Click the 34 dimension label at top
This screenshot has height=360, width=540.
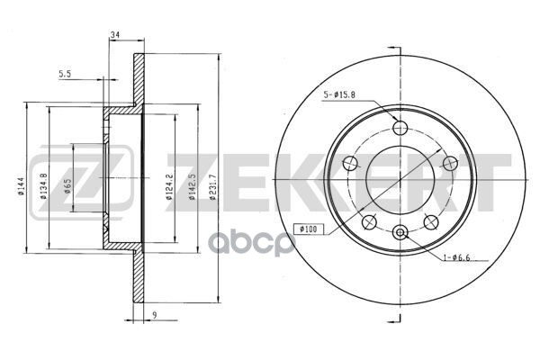[x=114, y=34]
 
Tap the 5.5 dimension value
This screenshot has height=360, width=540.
[x=65, y=74]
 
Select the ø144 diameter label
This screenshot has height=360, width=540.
[x=21, y=186]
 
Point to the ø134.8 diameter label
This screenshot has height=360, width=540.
[x=43, y=186]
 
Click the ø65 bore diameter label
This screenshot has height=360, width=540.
[x=67, y=185]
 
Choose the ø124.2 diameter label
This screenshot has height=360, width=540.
[x=169, y=187]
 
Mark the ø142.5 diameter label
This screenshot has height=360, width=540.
[x=193, y=187]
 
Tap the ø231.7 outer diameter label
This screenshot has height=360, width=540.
[x=213, y=187]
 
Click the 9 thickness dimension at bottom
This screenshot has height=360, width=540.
[x=155, y=314]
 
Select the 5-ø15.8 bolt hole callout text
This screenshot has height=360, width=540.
[x=339, y=94]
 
